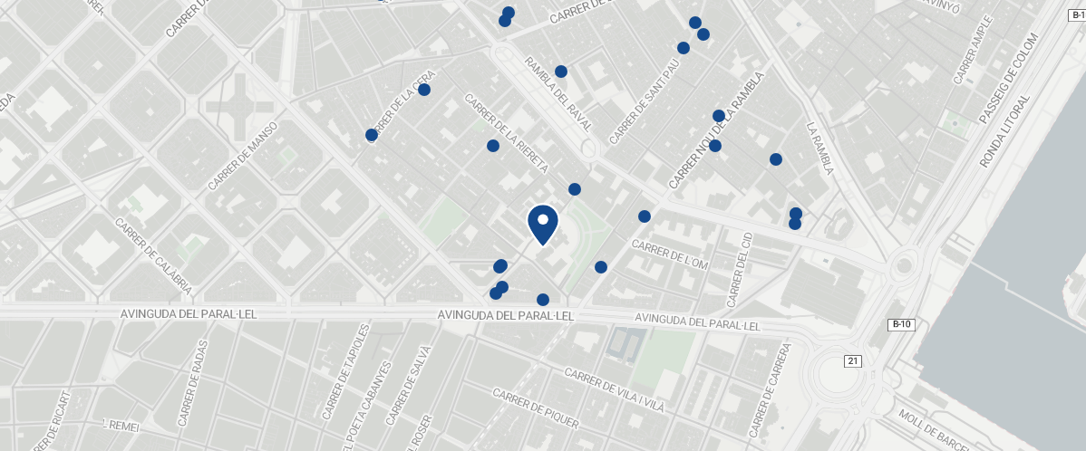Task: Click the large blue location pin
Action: pos(542,224)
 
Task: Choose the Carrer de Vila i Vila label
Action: pos(614,390)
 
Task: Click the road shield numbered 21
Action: pos(852,361)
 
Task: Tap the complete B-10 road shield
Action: pos(901,324)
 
